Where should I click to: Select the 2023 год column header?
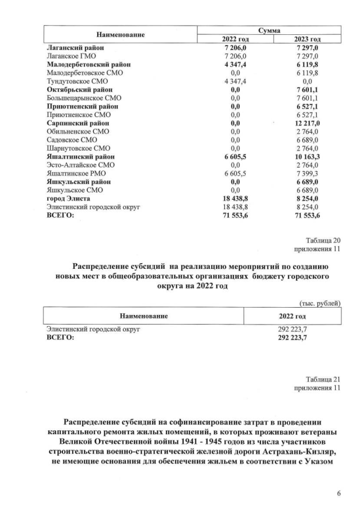[x=307, y=39]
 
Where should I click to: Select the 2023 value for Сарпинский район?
[x=307, y=123]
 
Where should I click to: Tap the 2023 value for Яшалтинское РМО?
[x=307, y=173]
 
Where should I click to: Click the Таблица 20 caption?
[x=323, y=240]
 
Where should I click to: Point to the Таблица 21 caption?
[x=323, y=379]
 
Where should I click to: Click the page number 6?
[x=339, y=493]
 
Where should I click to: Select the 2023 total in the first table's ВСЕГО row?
[x=307, y=215]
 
